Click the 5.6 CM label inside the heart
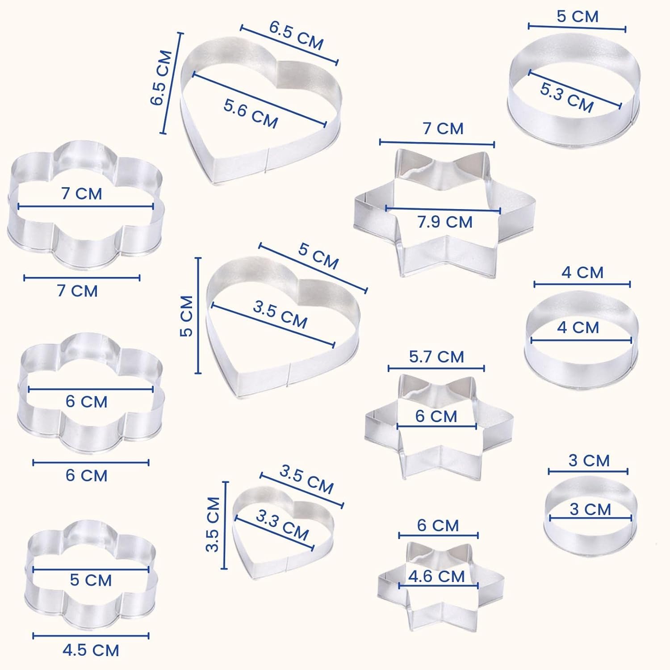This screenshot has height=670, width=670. (x=251, y=113)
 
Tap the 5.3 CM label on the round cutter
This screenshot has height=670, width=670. (x=567, y=97)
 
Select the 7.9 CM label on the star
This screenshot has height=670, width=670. (x=445, y=222)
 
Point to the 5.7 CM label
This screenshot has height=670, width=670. (x=436, y=357)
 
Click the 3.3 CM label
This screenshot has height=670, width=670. (x=282, y=525)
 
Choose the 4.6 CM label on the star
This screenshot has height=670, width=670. (x=436, y=576)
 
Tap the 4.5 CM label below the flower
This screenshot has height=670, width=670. (x=91, y=650)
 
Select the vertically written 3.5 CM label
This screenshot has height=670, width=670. (x=213, y=525)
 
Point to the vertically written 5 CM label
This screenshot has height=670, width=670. (x=186, y=316)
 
